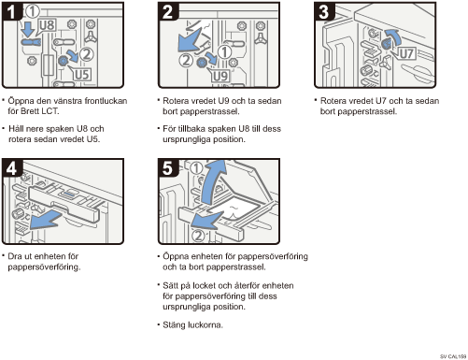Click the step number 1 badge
[x=11, y=11]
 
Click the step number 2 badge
[x=167, y=11]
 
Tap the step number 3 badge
[x=324, y=11]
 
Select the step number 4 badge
[x=11, y=168]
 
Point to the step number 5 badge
[x=167, y=168]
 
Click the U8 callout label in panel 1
[x=47, y=25]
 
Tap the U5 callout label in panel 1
[x=82, y=75]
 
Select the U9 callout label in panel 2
[x=220, y=77]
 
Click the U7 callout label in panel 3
[x=406, y=53]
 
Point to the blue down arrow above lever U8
[x=29, y=29]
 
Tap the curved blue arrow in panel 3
[x=393, y=36]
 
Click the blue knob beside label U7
[x=386, y=44]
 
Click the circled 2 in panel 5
[x=198, y=236]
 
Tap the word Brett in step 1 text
[x=30, y=111]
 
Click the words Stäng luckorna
[x=192, y=325]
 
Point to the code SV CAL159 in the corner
[x=453, y=356]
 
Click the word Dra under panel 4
[x=14, y=256]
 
